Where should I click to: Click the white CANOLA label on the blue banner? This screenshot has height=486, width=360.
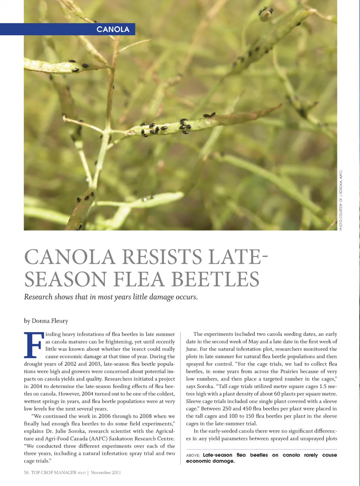click(x=113, y=29)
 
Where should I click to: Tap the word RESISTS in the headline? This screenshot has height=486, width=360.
click(x=162, y=257)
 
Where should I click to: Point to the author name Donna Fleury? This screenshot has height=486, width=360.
click(x=50, y=321)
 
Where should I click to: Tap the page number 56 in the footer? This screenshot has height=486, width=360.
click(x=26, y=472)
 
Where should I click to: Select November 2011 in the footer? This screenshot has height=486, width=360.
click(x=106, y=472)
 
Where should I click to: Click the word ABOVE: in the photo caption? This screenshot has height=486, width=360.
click(x=193, y=455)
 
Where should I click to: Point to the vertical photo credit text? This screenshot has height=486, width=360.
click(x=341, y=200)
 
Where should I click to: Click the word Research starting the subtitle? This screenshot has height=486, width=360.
click(x=38, y=297)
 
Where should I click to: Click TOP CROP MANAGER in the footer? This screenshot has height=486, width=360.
click(x=54, y=472)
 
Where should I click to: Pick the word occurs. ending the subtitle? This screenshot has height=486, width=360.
click(x=186, y=297)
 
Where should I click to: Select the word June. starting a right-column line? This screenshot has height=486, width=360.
click(x=192, y=349)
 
